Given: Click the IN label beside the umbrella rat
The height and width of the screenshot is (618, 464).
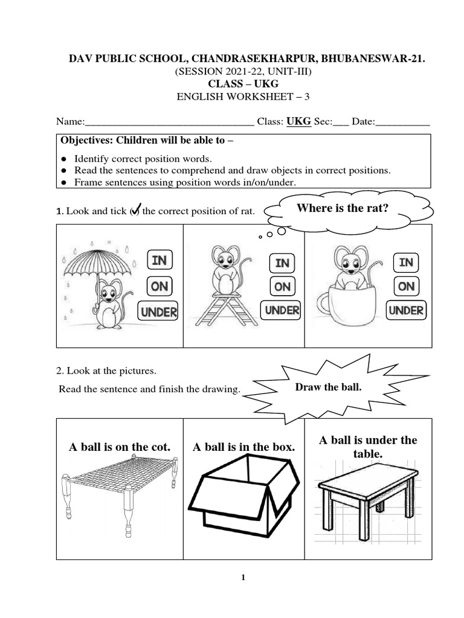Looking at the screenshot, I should (x=159, y=260).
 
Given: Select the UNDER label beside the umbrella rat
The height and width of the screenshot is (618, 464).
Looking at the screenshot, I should (x=159, y=311).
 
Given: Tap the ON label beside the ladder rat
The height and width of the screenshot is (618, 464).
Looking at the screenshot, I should (x=282, y=287).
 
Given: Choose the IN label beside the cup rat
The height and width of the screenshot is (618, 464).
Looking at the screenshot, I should (x=406, y=262).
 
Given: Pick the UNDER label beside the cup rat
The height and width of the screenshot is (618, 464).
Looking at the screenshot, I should (x=406, y=310).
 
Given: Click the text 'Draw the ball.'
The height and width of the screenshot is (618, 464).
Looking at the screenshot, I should (x=328, y=387).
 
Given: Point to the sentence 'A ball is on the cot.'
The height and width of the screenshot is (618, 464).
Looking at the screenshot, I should (x=120, y=447).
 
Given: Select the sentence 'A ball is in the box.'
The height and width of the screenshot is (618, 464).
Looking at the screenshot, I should (x=243, y=447).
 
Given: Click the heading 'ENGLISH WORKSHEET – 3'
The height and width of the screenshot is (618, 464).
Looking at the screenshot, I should (x=242, y=96).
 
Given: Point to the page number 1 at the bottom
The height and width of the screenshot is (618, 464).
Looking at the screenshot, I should (x=243, y=578).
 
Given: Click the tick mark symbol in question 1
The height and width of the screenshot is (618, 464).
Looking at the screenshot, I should (x=135, y=209).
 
